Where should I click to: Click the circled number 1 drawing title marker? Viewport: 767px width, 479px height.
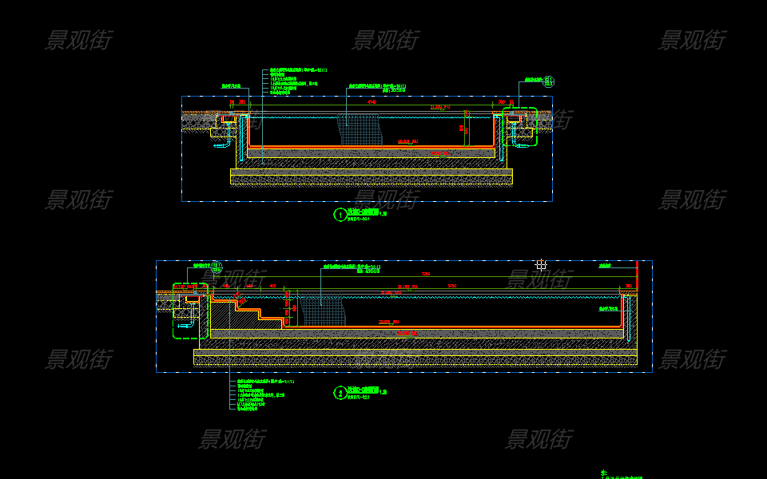coord(340,215)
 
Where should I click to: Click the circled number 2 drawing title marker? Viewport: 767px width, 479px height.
coord(340,393)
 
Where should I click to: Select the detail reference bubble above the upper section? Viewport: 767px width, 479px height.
coord(549,81)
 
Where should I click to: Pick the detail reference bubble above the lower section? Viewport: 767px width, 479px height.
coord(216,266)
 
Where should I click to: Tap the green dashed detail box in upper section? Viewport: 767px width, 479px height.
coord(520,126)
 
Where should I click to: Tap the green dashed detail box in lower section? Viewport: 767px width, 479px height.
coord(190,311)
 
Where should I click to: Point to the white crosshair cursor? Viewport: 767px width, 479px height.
coord(541,264)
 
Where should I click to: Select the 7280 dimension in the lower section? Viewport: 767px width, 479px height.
coord(425,274)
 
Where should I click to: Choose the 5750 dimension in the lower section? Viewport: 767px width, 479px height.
coord(451,286)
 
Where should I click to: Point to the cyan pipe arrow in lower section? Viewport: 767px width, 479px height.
coord(185,326)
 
